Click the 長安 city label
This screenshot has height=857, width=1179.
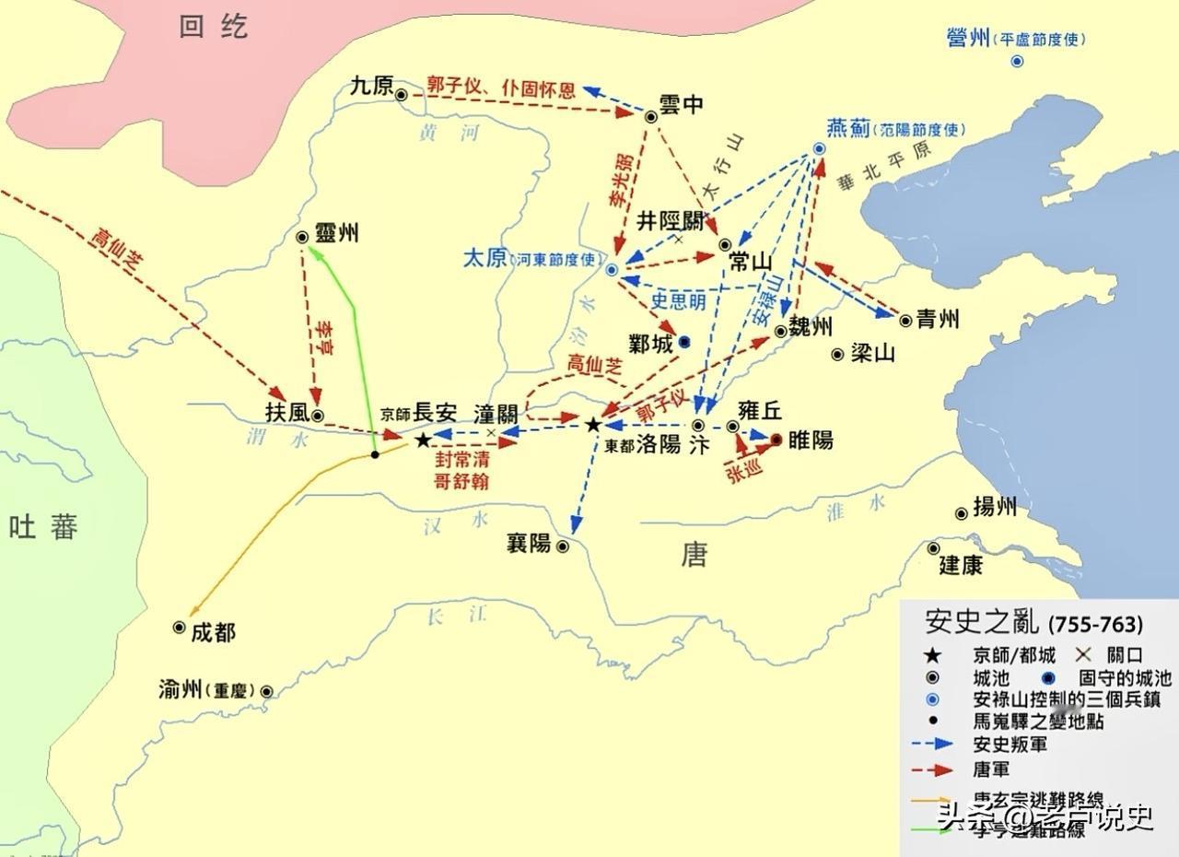pos(435,413)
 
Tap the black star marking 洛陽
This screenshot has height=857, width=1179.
pos(594,425)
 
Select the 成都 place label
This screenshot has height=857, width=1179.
pos(213,632)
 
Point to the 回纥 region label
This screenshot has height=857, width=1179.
pos(214,26)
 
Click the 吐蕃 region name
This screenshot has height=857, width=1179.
pos(43,527)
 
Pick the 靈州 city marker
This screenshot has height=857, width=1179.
pos(302,237)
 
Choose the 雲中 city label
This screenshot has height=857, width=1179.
pos(682,104)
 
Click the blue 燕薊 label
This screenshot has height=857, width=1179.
pos(848,129)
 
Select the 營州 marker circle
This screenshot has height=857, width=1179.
pos(1017,61)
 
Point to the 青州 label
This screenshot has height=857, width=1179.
pos(938,319)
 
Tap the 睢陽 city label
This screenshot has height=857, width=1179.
pos(811,440)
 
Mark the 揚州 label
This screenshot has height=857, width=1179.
pos(995,506)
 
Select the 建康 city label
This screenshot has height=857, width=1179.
pos(960,565)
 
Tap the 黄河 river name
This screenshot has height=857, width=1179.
pos(449,135)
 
